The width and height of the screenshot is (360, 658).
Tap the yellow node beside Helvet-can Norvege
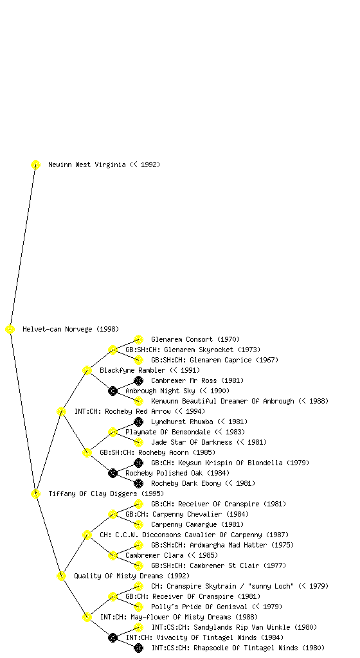pos(10,330)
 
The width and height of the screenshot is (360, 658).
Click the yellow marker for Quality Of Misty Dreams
pos(61,576)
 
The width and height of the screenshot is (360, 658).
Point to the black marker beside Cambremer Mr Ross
pos(138,380)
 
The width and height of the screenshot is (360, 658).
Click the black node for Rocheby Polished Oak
pos(113,474)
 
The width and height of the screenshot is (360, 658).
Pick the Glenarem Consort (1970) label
pos(195,339)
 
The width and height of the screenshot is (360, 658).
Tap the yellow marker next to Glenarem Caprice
pos(138,360)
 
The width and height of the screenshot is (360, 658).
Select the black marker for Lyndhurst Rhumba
pos(138,422)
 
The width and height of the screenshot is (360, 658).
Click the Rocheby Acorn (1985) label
pos(157,453)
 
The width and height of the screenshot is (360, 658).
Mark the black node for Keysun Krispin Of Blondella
pos(138,463)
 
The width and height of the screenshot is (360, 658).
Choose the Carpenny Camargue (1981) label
pos(197,524)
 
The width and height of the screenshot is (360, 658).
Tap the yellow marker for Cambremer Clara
pos(113,556)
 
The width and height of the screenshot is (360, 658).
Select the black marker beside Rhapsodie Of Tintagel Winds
pos(138,648)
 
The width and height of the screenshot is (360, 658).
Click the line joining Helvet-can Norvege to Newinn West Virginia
pos(22,247)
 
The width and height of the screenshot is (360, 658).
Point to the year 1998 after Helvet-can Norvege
pos(108,330)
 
